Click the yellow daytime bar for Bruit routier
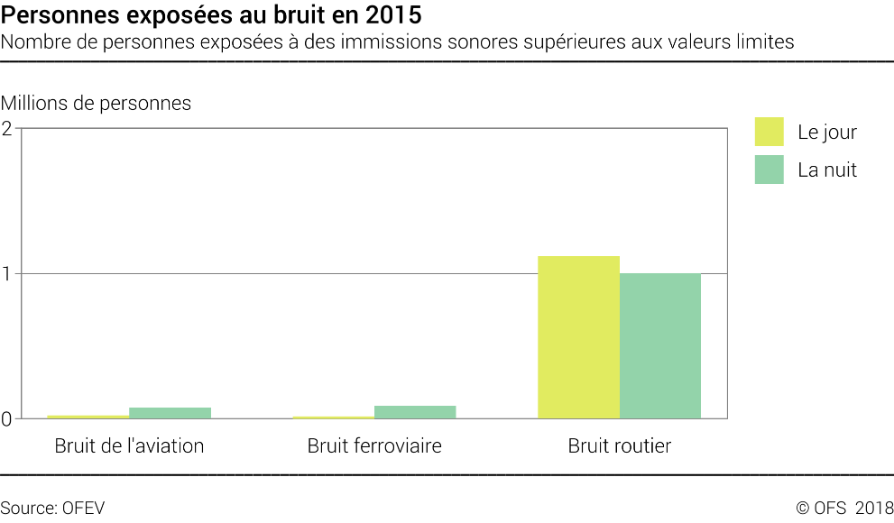pyautogui.click(x=578, y=337)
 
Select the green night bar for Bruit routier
pyautogui.click(x=660, y=345)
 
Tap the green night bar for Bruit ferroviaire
pyautogui.click(x=415, y=412)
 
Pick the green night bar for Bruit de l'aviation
pyautogui.click(x=170, y=413)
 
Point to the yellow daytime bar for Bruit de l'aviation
pyautogui.click(x=88, y=417)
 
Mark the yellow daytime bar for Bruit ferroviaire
pyautogui.click(x=333, y=417)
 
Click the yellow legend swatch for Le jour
pyautogui.click(x=770, y=132)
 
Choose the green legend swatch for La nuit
pyautogui.click(x=770, y=170)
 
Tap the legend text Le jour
pyautogui.click(x=827, y=133)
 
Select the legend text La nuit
pyautogui.click(x=827, y=170)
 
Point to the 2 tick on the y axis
pyautogui.click(x=7, y=128)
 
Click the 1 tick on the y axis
pyautogui.click(x=7, y=273)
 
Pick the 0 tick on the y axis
pyautogui.click(x=7, y=418)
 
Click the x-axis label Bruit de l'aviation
pyautogui.click(x=129, y=445)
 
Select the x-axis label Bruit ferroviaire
pyautogui.click(x=374, y=445)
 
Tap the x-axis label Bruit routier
pyautogui.click(x=620, y=445)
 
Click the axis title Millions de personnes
pyautogui.click(x=97, y=103)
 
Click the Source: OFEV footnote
pyautogui.click(x=52, y=508)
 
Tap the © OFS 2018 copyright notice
pyautogui.click(x=843, y=508)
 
